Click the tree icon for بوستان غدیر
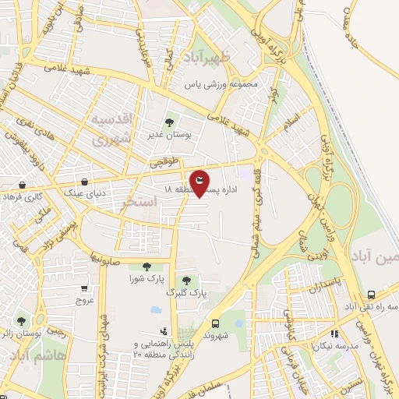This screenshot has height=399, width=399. tap(170, 122)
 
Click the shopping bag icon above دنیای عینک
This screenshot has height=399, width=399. tap(83, 182)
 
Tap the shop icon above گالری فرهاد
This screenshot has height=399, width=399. tap(24, 186)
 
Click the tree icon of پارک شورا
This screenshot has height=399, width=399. tap(147, 267)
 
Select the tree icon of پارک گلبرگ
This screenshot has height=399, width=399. tap(186, 281)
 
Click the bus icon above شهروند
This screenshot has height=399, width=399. tap(215, 323)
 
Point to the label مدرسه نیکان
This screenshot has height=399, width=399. tap(336, 344)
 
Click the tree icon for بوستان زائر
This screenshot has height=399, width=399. tap(22, 321)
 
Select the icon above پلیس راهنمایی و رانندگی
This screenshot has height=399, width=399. tap(163, 331)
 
